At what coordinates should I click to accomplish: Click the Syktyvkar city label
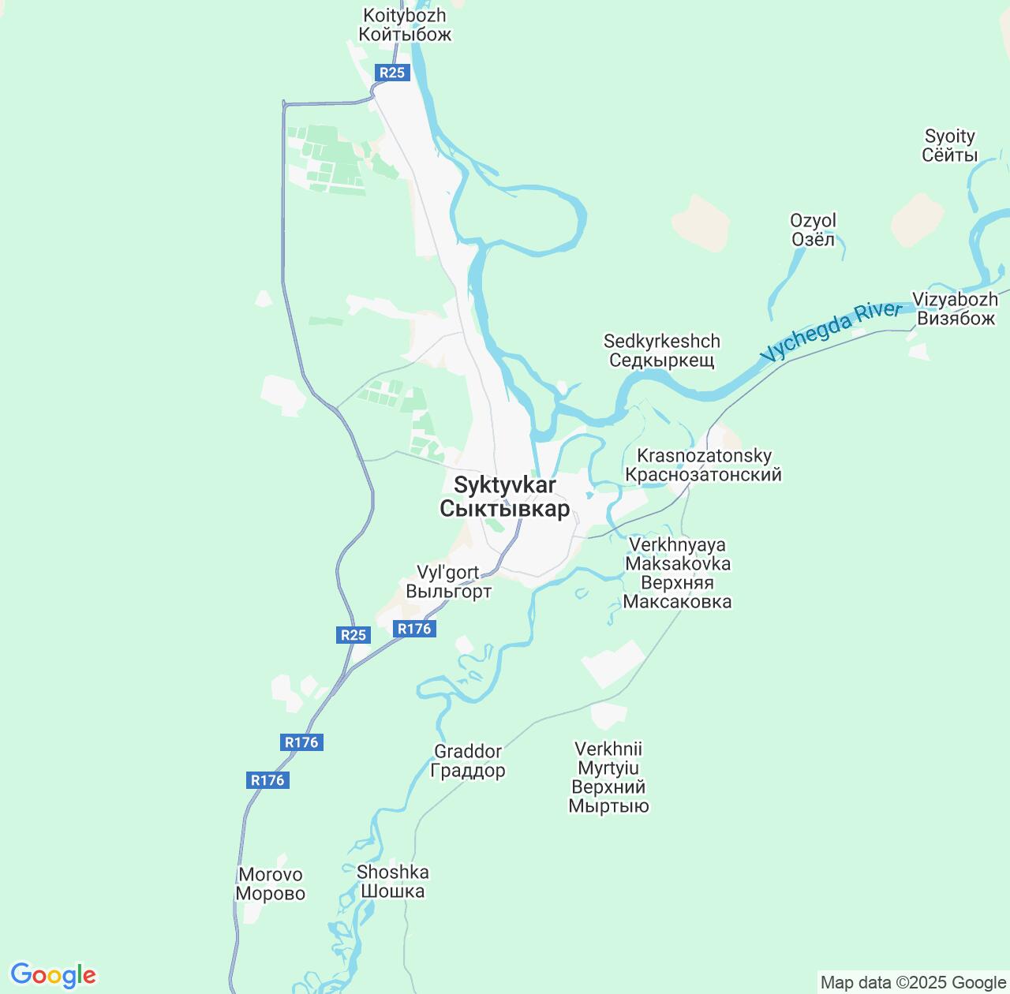[x=504, y=497]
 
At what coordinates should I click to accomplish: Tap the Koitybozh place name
[x=405, y=25]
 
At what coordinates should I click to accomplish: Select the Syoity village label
[x=949, y=146]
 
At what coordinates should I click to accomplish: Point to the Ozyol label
[x=813, y=230]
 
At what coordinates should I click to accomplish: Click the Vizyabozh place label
[x=955, y=308]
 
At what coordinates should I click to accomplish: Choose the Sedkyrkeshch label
[x=661, y=351]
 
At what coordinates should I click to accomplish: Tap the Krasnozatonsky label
[x=703, y=465]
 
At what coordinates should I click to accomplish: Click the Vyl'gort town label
[x=448, y=581]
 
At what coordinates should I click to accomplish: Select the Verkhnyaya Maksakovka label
[x=677, y=573]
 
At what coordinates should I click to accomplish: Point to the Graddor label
[x=468, y=760]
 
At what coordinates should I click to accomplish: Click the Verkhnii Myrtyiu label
[x=608, y=777]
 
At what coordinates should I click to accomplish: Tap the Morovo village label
[x=271, y=884]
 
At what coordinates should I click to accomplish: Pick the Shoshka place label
[x=392, y=881]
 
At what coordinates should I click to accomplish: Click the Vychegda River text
[x=830, y=331]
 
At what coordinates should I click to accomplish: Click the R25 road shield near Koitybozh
[x=391, y=73]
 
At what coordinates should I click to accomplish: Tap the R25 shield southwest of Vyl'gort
[x=353, y=634]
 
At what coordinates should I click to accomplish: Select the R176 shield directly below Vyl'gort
[x=414, y=628]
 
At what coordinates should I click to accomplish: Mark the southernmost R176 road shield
[x=267, y=779]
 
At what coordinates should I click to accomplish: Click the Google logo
[x=53, y=975]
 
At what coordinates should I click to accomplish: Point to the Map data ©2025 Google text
[x=913, y=983]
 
